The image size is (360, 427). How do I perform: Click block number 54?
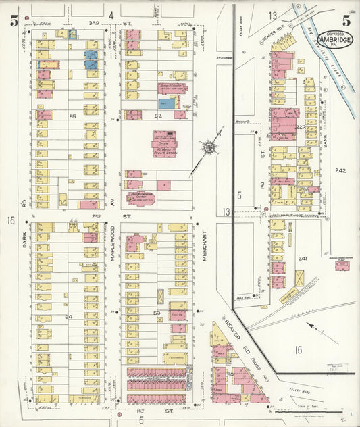pos(68,316)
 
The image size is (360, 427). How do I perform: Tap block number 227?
pos(300,127)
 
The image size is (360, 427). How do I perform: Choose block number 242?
pos(340,171)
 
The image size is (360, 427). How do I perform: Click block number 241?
pos(303,259)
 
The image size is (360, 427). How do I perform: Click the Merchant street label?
pos(204,247)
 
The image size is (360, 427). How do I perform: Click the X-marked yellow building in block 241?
pos(299,278)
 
